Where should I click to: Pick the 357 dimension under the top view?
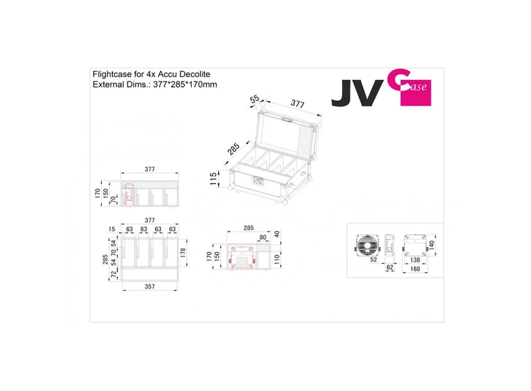pyautogui.click(x=149, y=286)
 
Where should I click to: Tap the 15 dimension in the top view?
pyautogui.click(x=112, y=229)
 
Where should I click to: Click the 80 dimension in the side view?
pyautogui.click(x=263, y=237)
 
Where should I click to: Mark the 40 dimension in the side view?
pyautogui.click(x=278, y=234)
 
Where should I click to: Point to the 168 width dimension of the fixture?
pyautogui.click(x=415, y=269)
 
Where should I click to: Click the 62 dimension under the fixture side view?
pyautogui.click(x=389, y=267)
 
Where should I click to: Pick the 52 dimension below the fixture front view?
pyautogui.click(x=373, y=259)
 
